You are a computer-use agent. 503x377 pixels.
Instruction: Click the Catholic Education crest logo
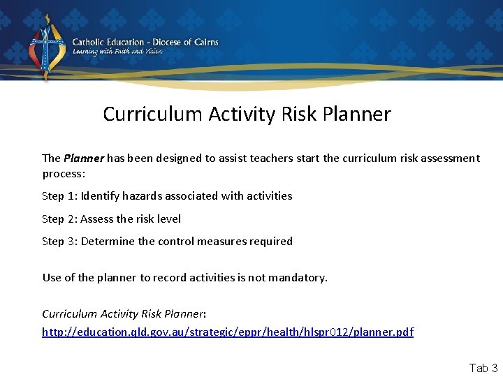point(45,47)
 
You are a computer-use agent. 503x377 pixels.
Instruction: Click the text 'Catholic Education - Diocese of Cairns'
point(145,42)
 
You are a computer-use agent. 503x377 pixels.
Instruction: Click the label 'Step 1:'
point(59,196)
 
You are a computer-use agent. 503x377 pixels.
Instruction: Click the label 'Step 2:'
point(59,219)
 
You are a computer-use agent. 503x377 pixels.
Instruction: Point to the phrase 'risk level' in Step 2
point(158,219)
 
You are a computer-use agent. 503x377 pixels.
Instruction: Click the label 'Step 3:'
point(59,242)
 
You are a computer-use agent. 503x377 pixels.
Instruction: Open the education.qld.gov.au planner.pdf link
point(228,332)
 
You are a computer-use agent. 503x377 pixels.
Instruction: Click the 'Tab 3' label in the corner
point(483,368)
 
